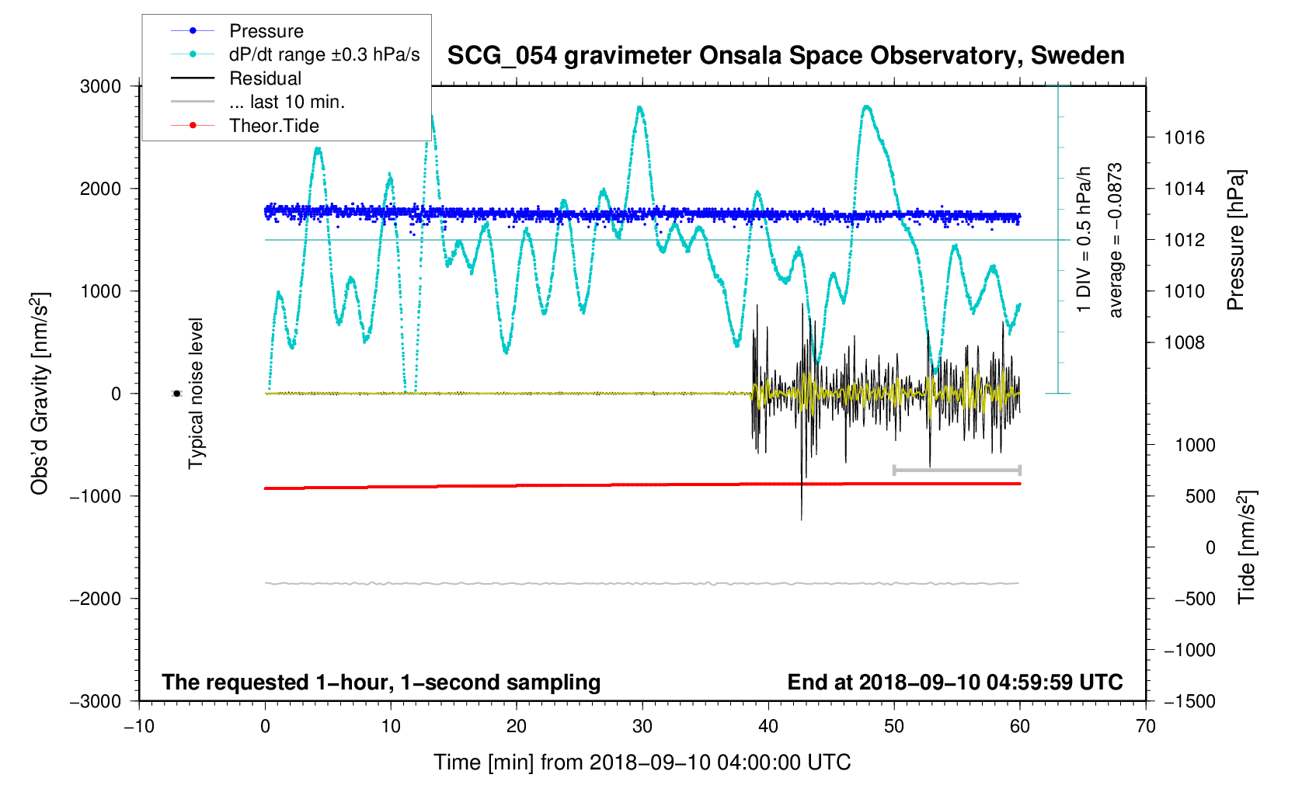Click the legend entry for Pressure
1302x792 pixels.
(x=266, y=31)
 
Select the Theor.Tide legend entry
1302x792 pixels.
(x=273, y=126)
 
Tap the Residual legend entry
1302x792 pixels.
(x=265, y=78)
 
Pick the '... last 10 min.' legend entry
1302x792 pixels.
(x=287, y=102)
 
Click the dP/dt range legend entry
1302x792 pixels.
(x=324, y=54)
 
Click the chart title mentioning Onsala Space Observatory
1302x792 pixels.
(x=785, y=56)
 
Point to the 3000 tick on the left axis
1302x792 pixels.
(x=101, y=86)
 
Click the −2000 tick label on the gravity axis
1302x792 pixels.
(x=96, y=599)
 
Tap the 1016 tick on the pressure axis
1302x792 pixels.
(x=1184, y=137)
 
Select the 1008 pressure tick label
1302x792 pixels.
(x=1184, y=342)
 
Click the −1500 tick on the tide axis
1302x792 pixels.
(x=1189, y=701)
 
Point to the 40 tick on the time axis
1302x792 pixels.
(x=768, y=727)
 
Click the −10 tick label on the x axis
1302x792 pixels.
(x=139, y=727)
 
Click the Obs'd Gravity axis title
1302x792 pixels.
(x=40, y=394)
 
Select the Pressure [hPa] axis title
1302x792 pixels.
(x=1235, y=240)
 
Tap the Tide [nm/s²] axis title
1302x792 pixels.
(x=1246, y=547)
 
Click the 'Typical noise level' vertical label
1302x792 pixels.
(x=196, y=394)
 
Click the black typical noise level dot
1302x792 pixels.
(x=176, y=394)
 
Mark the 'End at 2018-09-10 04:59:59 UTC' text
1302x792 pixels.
(x=955, y=683)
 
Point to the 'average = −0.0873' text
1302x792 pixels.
(x=1116, y=240)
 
